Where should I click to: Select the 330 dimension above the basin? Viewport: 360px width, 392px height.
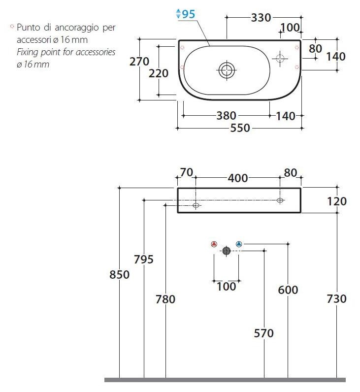pos(261,18)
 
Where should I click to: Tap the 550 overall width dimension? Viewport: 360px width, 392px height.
pos(240,128)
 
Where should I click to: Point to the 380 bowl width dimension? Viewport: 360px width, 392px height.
pos(227,116)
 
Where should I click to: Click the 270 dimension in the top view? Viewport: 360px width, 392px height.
pos(139,62)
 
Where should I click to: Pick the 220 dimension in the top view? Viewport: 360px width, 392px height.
pos(159,73)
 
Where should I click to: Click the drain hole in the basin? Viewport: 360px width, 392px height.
pos(227,70)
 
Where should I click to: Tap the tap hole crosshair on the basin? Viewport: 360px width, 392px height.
pos(281,59)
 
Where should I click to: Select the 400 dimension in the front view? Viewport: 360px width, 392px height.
pos(238,178)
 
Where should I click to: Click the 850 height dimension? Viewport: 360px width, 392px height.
pos(119,274)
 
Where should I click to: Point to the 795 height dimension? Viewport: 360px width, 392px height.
pos(144,260)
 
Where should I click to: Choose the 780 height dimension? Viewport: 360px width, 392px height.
pos(165,299)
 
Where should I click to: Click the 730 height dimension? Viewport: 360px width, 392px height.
pos(337,298)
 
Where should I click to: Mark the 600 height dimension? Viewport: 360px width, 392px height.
pos(288,290)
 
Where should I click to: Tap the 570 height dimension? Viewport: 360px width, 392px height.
pos(264,333)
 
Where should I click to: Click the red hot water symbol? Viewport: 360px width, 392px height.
pos(214,244)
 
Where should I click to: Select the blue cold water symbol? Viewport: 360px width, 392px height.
pos(239,244)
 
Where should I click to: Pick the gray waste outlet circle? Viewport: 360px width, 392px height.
pos(227,251)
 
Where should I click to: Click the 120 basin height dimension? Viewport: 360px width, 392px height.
pos(337,201)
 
